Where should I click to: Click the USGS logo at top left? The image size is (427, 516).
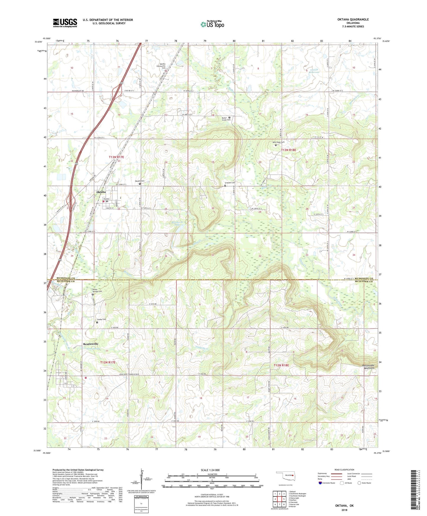[x=65, y=23]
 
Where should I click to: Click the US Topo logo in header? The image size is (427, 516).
[x=212, y=25]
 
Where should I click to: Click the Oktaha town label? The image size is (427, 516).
[x=101, y=192]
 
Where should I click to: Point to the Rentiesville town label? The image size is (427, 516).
[x=91, y=344]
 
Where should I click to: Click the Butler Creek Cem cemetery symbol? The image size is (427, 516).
[x=229, y=117]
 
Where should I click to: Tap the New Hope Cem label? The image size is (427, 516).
[x=278, y=142]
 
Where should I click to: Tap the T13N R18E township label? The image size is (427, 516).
[x=288, y=150]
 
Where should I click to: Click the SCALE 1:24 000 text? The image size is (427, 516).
[x=210, y=470]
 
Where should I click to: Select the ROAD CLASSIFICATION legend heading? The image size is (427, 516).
[x=344, y=470]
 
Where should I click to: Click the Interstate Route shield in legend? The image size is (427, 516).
[x=320, y=483]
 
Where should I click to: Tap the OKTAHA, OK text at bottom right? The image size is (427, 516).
[x=344, y=506]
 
